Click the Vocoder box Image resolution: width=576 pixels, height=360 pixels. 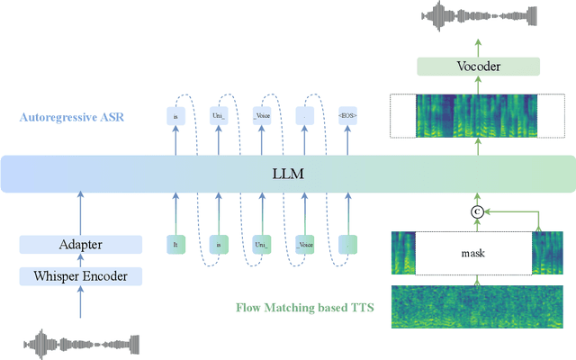pos(477,67)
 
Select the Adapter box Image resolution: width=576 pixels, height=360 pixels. pos(81,244)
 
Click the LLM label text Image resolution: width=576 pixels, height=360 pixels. pos(287,173)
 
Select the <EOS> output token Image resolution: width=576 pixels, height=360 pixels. pos(348,116)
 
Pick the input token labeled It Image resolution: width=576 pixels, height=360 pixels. pos(175,243)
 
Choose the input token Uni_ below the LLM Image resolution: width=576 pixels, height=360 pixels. pos(263,243)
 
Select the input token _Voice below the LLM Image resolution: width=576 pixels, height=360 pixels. pos(306,243)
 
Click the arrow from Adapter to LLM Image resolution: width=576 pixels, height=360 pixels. pos(81,212)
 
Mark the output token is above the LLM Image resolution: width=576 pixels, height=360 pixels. pos(175,116)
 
